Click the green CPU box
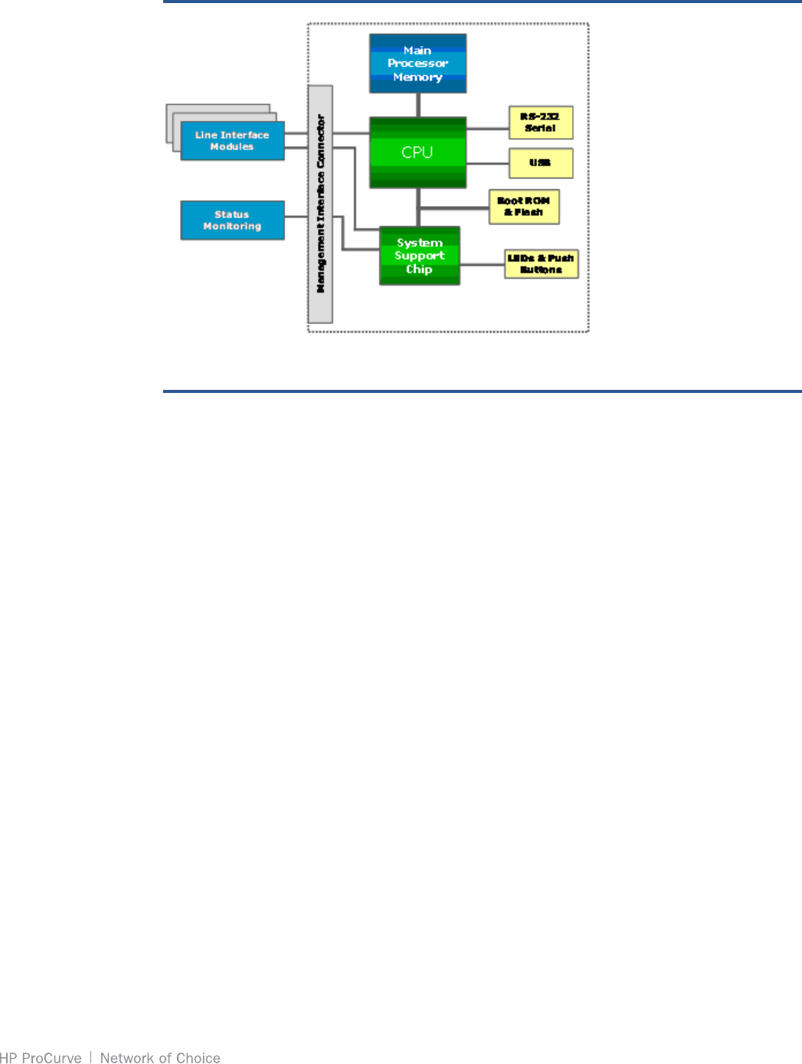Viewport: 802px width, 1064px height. tap(417, 152)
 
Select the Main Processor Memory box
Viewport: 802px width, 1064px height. tap(417, 64)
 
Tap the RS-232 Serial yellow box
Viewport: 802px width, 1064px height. tap(541, 123)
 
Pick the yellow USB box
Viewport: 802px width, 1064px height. tap(541, 162)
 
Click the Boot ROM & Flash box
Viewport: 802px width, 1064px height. tap(524, 207)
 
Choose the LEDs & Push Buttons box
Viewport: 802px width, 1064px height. tap(541, 264)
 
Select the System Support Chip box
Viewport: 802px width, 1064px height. tap(420, 256)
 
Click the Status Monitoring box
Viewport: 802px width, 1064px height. tap(232, 221)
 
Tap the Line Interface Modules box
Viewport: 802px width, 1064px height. tap(232, 141)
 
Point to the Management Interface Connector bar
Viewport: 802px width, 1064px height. tap(320, 205)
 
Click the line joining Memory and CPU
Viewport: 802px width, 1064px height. tap(418, 105)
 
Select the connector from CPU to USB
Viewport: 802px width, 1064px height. tap(487, 163)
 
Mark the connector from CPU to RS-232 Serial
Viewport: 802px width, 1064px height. tap(487, 128)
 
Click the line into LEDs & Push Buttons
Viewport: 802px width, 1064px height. tap(482, 265)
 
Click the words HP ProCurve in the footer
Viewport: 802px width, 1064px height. tap(41, 1058)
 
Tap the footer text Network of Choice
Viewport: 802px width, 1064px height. tap(160, 1058)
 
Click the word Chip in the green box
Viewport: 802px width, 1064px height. tap(419, 270)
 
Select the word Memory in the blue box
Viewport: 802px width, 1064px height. tap(417, 77)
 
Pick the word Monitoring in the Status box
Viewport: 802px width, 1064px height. tap(232, 227)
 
